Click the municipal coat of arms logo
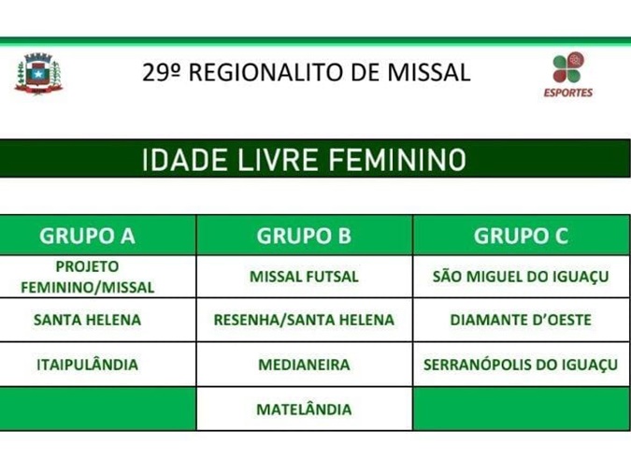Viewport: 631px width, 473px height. coord(38,74)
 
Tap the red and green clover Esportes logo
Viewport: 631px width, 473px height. coord(568,67)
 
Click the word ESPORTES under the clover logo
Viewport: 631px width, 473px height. coord(568,93)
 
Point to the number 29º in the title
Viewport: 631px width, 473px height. coord(160,73)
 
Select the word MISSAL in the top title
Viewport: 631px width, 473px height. coord(429,73)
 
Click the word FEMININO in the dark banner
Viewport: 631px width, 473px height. coord(397,160)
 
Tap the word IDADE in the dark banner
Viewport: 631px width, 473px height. coord(185,160)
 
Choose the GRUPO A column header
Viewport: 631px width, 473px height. coord(87,236)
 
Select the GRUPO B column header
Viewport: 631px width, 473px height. coord(304,236)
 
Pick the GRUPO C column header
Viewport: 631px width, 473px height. coord(521,236)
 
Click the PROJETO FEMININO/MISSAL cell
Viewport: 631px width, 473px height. coord(87,277)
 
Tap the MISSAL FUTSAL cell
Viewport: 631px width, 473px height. coord(304,277)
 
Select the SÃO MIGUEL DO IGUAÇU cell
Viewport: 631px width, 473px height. coord(521,277)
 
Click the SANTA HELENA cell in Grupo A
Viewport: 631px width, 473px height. coord(87,320)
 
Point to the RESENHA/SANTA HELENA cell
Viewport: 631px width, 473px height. coord(304,320)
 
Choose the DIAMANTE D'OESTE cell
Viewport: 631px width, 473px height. coord(521,320)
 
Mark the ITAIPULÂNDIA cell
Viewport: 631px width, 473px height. coord(87,365)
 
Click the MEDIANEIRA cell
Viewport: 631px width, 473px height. coord(304,365)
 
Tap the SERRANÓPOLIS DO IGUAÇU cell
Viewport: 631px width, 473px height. coord(521,365)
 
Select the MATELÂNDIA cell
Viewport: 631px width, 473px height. coord(304,409)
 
